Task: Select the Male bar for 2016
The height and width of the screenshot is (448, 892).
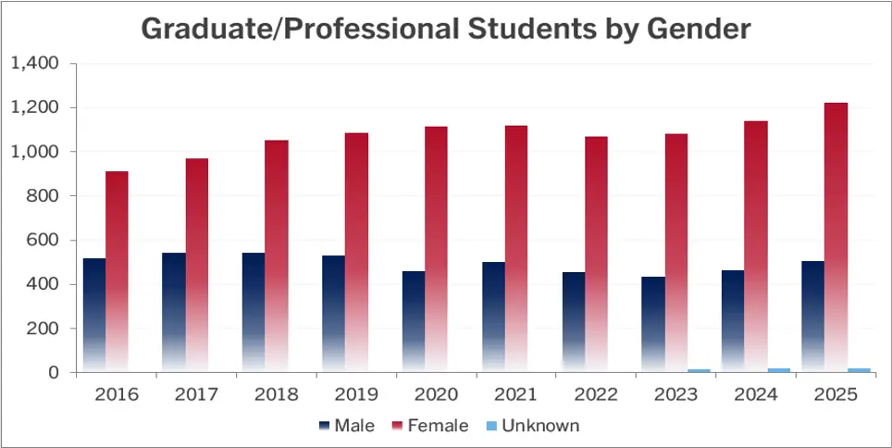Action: coord(94,315)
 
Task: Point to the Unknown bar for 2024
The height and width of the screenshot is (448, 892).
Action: coord(779,370)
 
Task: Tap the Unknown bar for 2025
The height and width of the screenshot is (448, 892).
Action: coord(860,370)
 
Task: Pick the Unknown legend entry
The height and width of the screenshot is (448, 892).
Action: coord(537,426)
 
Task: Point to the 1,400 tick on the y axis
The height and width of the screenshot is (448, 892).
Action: coord(35,64)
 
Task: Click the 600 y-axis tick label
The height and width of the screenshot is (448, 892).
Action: coord(43,241)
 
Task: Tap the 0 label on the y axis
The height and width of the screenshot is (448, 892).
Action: coord(54,373)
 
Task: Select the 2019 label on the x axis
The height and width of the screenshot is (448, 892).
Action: coord(356,394)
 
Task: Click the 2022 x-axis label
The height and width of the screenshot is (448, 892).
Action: coord(596,394)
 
